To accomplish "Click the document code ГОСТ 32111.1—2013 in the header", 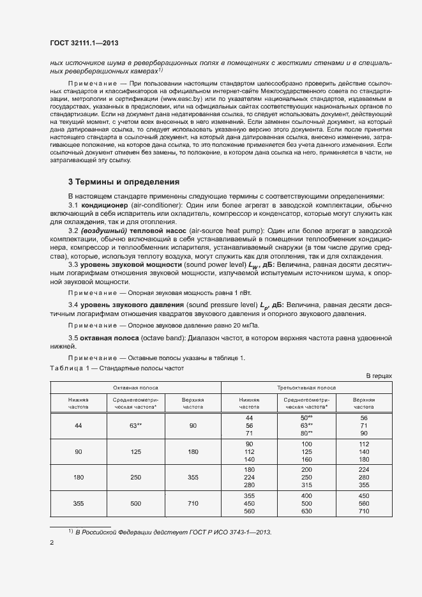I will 84,43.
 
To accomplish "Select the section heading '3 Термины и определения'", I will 123,181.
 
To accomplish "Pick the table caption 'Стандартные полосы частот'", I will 146,368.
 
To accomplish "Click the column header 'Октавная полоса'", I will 135,388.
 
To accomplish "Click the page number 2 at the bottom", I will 52,543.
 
